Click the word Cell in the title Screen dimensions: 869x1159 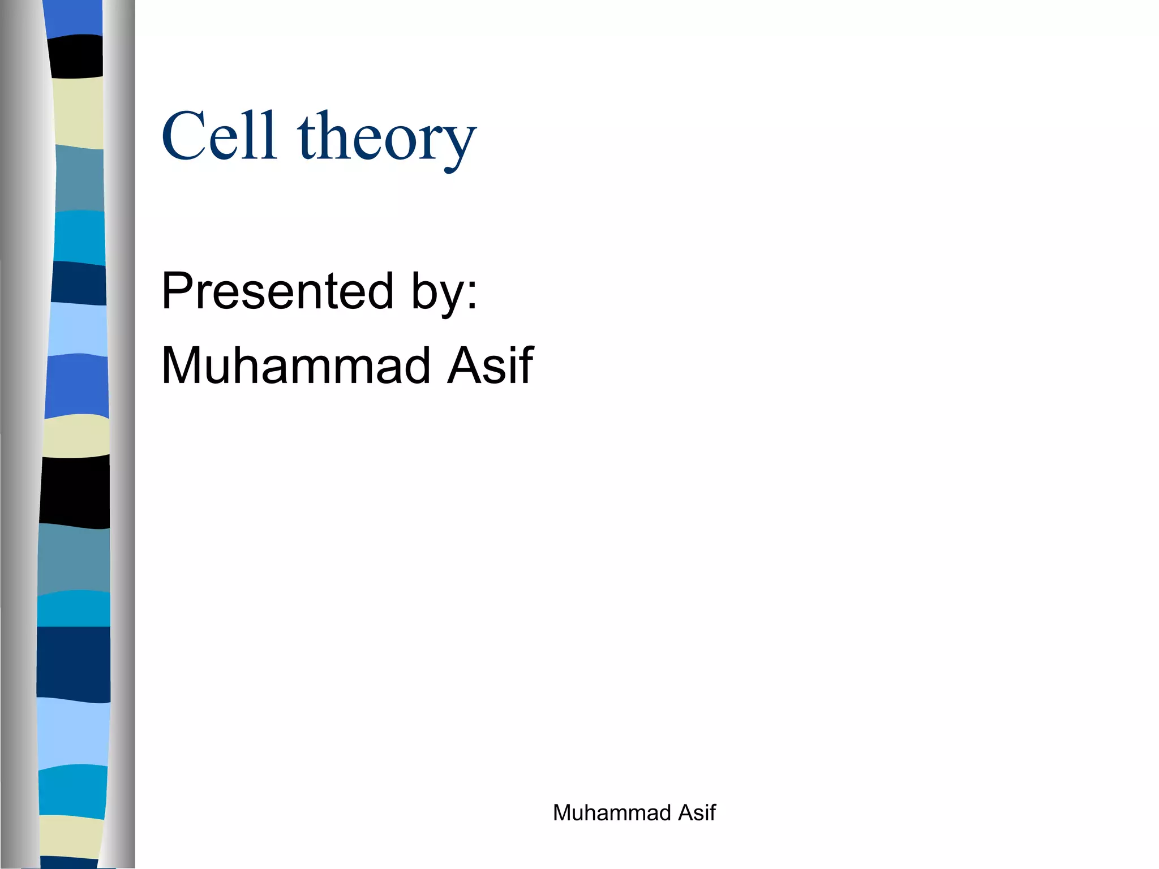220,136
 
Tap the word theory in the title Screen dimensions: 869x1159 387,138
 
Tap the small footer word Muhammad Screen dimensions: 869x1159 612,813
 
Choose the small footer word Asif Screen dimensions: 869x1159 697,813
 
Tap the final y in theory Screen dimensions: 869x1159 461,144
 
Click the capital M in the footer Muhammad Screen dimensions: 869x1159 563,813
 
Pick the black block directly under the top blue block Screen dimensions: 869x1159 75,56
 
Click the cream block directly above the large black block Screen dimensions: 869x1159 76,436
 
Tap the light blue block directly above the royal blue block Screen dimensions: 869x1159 78,329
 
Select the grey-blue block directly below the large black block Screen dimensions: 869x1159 74,558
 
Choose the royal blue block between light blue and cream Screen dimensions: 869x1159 77,386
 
